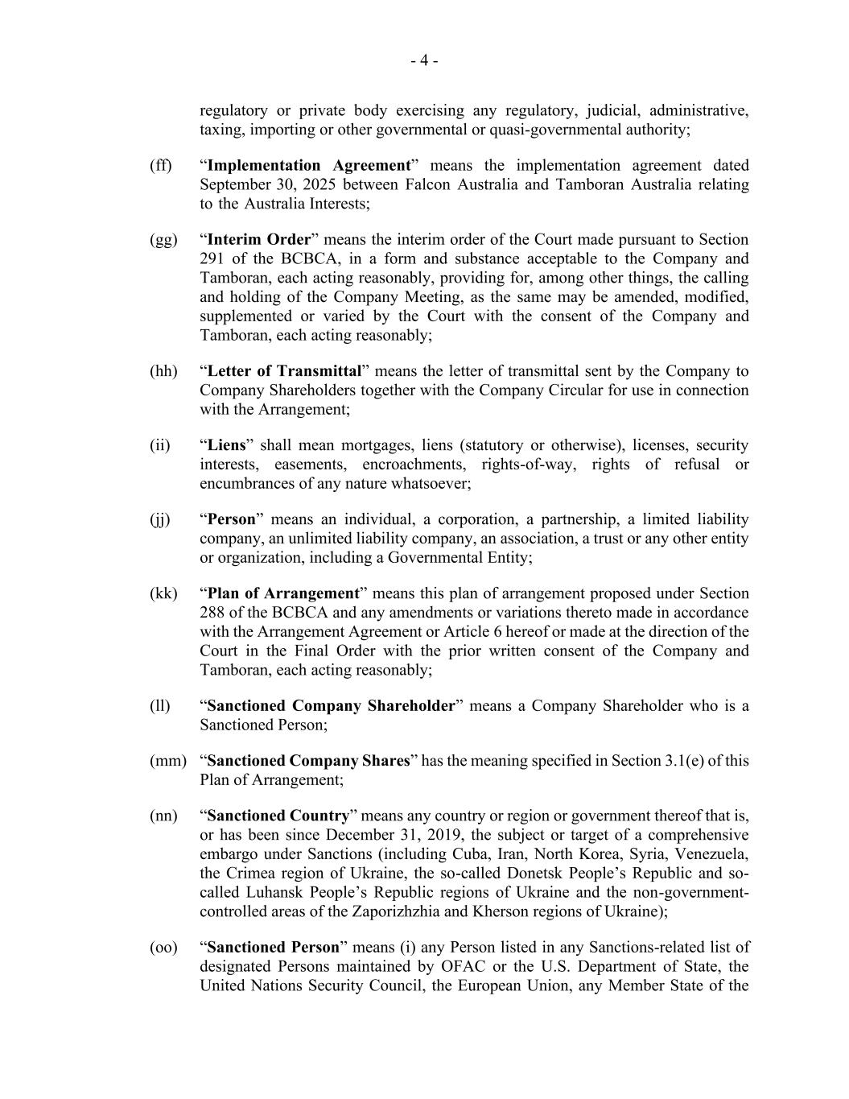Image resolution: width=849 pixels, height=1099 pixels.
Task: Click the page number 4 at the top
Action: (424, 61)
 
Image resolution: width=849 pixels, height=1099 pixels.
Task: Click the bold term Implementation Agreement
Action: (309, 166)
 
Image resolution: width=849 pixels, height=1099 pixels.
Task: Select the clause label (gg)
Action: (163, 240)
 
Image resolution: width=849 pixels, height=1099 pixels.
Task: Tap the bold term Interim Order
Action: (258, 240)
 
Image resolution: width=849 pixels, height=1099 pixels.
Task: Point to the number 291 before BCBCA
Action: (212, 259)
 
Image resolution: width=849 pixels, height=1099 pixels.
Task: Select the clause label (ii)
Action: (160, 446)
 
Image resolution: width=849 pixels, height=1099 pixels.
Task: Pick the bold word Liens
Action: (226, 446)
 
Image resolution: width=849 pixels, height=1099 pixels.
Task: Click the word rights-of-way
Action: (528, 465)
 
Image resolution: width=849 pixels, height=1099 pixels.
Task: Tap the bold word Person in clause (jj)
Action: (231, 520)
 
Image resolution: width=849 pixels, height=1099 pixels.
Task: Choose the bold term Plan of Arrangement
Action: (282, 594)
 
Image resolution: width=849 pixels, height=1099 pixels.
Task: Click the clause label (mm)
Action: (167, 762)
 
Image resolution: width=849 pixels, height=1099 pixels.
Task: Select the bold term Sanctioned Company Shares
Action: (308, 762)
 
